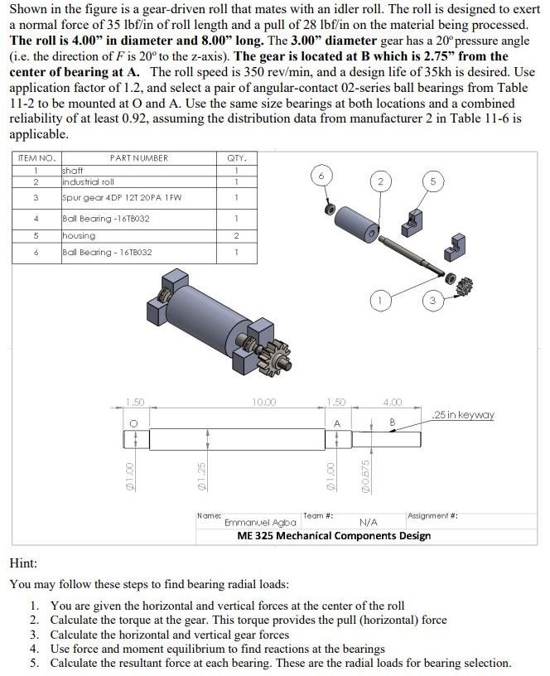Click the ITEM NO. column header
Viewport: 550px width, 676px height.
[x=35, y=157]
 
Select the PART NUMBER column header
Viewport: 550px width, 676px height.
[x=138, y=157]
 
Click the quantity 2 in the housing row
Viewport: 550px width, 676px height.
[x=236, y=235]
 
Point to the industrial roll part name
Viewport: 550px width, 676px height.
[x=89, y=181]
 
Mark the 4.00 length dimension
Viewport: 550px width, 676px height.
[x=392, y=403]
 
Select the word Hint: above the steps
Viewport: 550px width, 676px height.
[x=22, y=563]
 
